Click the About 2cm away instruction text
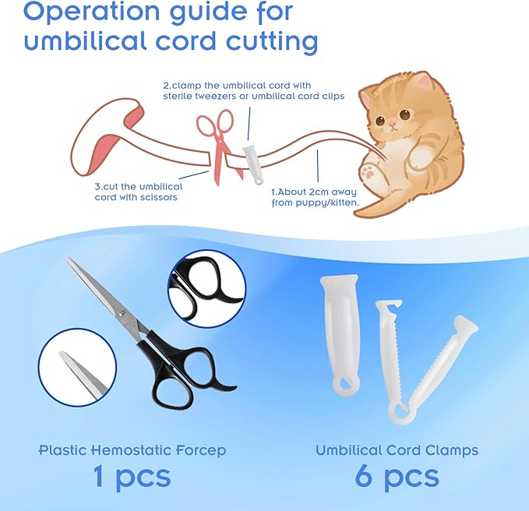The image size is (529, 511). (315, 196)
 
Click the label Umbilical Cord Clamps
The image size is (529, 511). (397, 450)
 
